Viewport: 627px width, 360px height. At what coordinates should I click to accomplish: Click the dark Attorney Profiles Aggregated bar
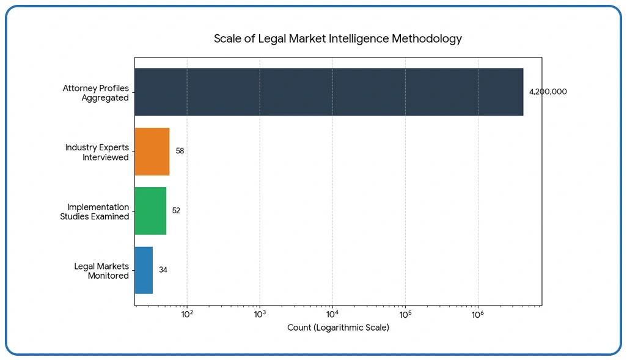(x=329, y=92)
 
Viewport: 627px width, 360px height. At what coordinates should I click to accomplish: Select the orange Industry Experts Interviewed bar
(x=152, y=152)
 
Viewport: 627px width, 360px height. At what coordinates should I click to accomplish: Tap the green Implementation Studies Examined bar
(x=150, y=211)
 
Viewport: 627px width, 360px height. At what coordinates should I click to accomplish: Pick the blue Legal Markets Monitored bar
(x=144, y=270)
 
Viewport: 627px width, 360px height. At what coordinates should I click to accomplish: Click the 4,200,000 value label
(x=548, y=92)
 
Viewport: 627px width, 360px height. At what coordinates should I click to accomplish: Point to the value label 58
(x=180, y=151)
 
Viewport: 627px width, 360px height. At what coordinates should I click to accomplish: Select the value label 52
(x=176, y=210)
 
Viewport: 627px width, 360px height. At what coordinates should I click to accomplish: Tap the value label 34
(x=163, y=270)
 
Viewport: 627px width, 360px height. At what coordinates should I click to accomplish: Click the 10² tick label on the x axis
(x=187, y=315)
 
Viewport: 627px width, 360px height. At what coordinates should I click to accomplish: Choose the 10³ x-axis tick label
(x=260, y=315)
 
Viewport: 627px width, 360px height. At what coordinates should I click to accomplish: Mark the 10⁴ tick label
(x=332, y=315)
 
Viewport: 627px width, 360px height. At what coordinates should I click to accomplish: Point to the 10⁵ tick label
(x=405, y=315)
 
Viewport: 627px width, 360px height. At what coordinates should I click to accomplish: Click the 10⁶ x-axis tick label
(x=478, y=315)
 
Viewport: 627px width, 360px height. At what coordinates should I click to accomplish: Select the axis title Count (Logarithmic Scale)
(x=338, y=328)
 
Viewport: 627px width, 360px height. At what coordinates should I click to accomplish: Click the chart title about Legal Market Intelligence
(x=337, y=39)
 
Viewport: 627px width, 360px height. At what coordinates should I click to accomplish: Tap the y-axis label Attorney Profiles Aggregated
(x=96, y=93)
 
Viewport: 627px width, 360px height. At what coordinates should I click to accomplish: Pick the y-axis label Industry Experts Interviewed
(x=97, y=152)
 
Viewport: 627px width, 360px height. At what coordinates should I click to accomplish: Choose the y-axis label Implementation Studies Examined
(x=95, y=211)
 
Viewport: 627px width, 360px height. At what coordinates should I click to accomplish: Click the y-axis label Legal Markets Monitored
(x=101, y=271)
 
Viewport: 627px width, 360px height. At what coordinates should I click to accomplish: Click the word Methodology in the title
(x=428, y=39)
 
